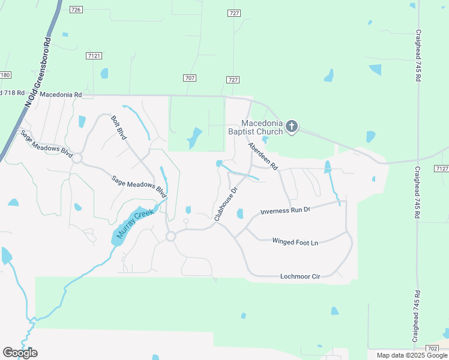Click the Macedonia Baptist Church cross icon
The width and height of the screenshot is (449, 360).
(292, 126)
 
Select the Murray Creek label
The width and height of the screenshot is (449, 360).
(133, 223)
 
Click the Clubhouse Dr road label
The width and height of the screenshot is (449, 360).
(226, 204)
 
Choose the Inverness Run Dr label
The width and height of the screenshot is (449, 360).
(285, 211)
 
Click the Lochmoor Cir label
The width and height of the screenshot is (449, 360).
(300, 277)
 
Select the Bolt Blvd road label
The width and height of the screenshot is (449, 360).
(119, 127)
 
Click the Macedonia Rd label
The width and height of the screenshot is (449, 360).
(61, 95)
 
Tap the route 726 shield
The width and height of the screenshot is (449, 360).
(76, 10)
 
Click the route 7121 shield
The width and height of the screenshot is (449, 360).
(93, 55)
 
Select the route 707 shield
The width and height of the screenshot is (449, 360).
(190, 79)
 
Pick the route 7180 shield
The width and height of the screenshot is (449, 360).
(5, 75)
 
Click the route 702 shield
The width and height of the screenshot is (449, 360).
(432, 348)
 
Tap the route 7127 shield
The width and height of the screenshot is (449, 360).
(442, 169)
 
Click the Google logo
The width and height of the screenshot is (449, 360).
(20, 352)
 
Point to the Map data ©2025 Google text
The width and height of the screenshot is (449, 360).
(411, 355)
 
